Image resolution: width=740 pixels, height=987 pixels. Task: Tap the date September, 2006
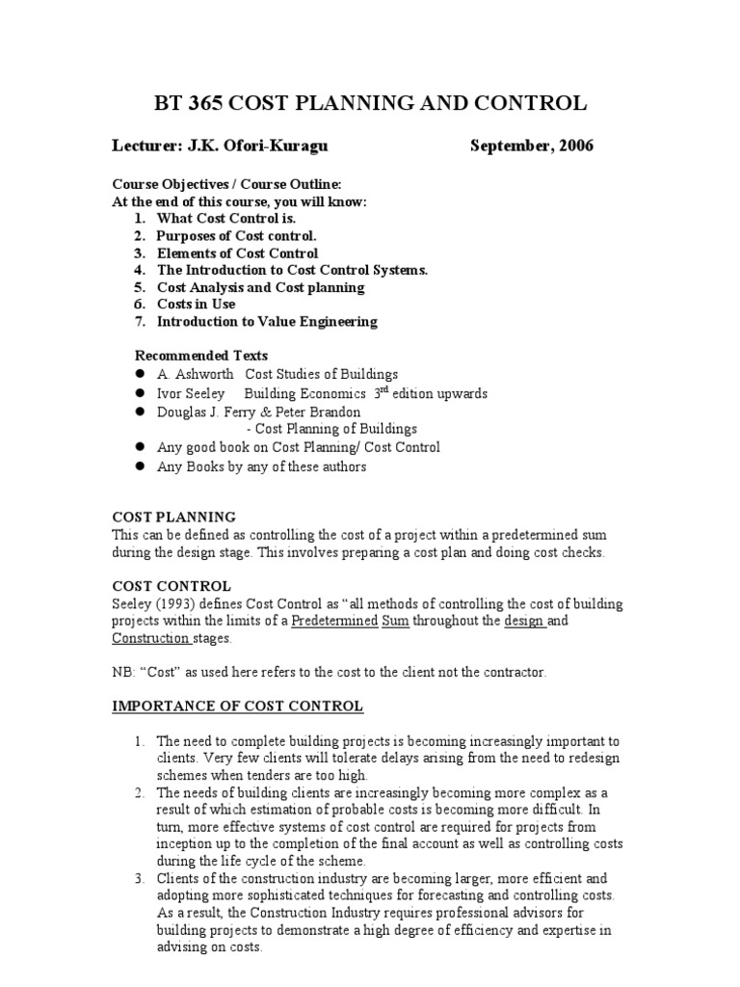pos(532,146)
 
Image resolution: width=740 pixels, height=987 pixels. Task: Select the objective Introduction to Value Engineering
pos(267,321)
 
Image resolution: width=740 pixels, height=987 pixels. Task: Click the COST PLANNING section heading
pos(173,517)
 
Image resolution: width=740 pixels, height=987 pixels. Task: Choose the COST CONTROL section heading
pos(171,586)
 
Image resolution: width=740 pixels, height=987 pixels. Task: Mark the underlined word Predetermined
pos(334,621)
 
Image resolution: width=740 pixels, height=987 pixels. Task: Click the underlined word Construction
pos(150,638)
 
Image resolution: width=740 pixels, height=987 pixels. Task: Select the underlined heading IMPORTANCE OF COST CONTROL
pos(237,707)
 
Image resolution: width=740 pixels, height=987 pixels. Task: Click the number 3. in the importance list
pos(141,878)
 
